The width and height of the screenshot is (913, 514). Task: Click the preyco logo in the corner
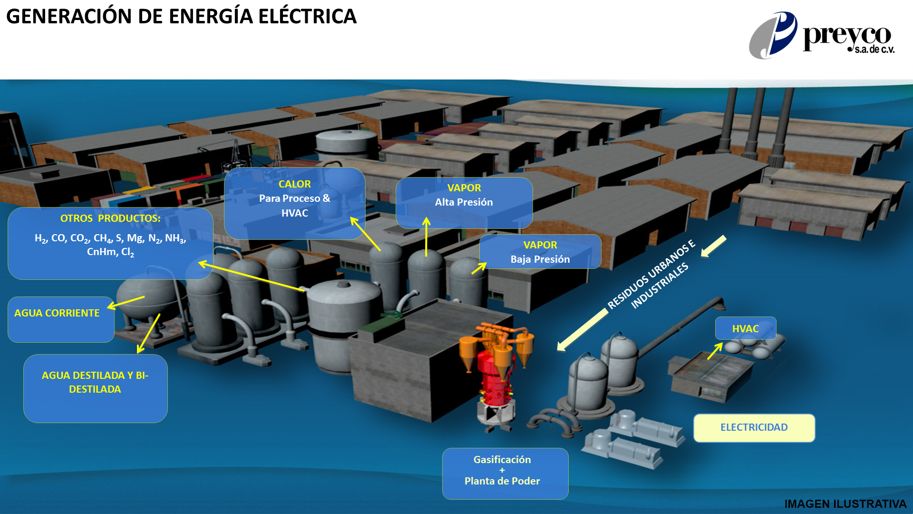pyautogui.click(x=821, y=36)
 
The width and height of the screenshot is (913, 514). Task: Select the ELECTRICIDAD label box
pyautogui.click(x=754, y=427)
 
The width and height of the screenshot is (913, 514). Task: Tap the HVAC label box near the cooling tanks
pyautogui.click(x=745, y=328)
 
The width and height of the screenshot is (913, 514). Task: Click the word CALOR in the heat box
pyautogui.click(x=294, y=184)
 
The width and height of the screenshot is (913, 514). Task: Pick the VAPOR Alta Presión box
pyautogui.click(x=464, y=202)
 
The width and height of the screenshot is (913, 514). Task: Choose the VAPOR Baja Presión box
pyautogui.click(x=540, y=252)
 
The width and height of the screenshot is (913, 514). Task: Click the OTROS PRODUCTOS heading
pyautogui.click(x=110, y=218)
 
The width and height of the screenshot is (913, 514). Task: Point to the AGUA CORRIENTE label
pyautogui.click(x=57, y=313)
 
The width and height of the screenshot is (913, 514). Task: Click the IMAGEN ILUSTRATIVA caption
pyautogui.click(x=845, y=504)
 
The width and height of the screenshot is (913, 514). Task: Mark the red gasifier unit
pyautogui.click(x=495, y=381)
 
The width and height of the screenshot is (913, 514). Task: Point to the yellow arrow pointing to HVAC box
pyautogui.click(x=715, y=351)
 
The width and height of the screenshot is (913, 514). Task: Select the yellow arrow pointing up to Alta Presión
pyautogui.click(x=426, y=237)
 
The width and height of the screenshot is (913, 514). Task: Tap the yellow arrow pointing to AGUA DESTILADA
pyautogui.click(x=148, y=334)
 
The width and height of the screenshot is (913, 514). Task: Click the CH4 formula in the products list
pyautogui.click(x=101, y=238)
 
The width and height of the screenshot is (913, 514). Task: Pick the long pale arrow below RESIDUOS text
pyautogui.click(x=583, y=330)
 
